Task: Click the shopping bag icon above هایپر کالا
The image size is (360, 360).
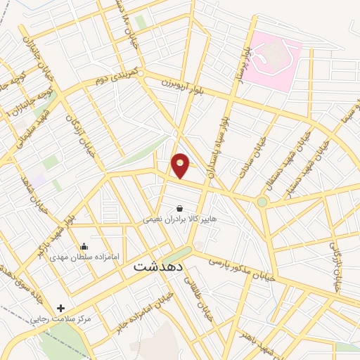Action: tap(179, 208)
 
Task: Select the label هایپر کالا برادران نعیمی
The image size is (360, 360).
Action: tap(180, 219)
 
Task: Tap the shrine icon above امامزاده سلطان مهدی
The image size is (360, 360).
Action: tap(84, 246)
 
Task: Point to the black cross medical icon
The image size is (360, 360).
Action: tap(61, 308)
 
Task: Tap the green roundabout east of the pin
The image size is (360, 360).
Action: tap(262, 202)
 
